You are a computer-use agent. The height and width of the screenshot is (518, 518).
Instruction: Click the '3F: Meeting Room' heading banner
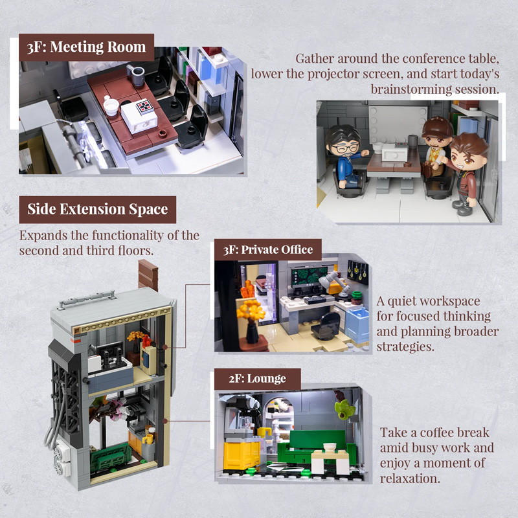(x=86, y=47)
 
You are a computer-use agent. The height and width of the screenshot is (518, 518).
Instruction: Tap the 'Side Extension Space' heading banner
(x=97, y=209)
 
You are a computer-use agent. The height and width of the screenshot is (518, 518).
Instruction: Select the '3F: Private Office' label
(x=268, y=249)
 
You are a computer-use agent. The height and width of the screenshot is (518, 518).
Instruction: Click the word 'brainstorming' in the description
(x=410, y=89)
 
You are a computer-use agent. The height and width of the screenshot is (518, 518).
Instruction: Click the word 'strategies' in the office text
(x=405, y=347)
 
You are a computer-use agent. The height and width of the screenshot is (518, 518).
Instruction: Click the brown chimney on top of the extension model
(x=148, y=276)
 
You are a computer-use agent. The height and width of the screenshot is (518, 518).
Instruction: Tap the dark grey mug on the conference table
(x=138, y=73)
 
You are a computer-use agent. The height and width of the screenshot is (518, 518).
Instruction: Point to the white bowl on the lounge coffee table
(x=330, y=447)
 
